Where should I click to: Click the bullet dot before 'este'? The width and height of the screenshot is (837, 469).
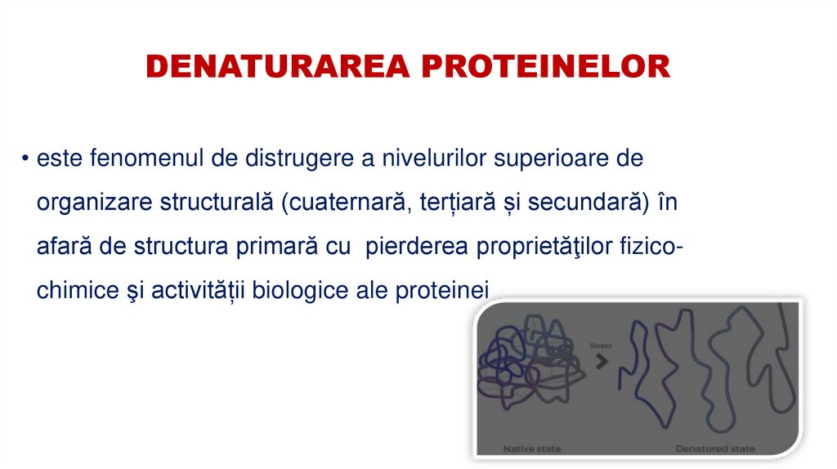[27, 159]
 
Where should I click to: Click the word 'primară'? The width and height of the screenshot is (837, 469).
[273, 247]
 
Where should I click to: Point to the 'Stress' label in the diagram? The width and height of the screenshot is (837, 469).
[600, 346]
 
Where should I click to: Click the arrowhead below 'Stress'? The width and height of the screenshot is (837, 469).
[602, 360]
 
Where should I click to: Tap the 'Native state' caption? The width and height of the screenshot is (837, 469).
[531, 449]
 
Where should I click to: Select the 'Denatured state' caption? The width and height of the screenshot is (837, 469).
[714, 449]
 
